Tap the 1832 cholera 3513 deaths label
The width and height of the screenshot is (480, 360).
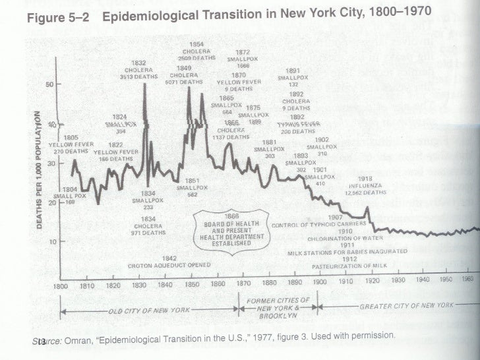click(x=143, y=70)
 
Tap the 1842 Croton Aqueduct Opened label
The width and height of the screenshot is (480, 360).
click(x=169, y=262)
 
